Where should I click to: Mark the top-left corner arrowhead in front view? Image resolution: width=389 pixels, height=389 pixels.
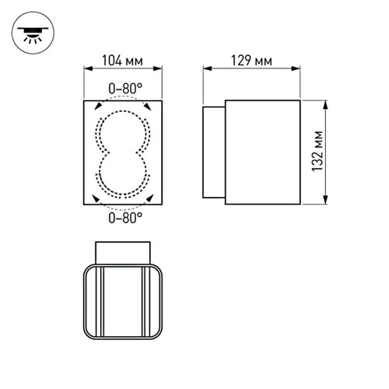(x=96, y=106)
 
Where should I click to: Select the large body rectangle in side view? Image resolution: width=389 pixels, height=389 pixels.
(x=261, y=153)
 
